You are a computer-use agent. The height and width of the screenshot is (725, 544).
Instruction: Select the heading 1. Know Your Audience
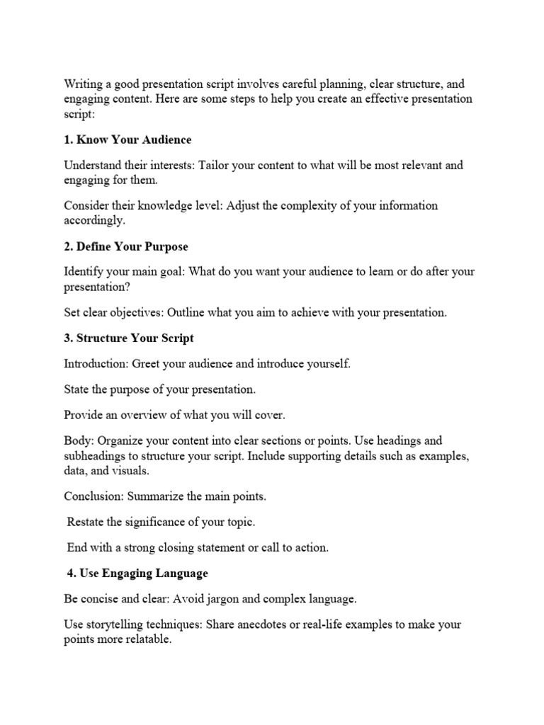pos(127,139)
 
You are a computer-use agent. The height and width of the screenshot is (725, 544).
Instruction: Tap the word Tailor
pos(215,166)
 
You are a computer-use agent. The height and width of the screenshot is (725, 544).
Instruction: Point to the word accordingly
pos(94,220)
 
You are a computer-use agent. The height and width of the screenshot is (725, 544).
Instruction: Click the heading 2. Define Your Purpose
pos(125,246)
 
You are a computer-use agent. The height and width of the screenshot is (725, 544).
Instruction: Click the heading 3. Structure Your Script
pos(128,338)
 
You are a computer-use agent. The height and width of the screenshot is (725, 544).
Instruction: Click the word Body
pos(76,441)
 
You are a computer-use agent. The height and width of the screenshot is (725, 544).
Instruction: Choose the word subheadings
pos(97,455)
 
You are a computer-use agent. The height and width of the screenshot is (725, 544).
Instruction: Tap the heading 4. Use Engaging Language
pos(137,572)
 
